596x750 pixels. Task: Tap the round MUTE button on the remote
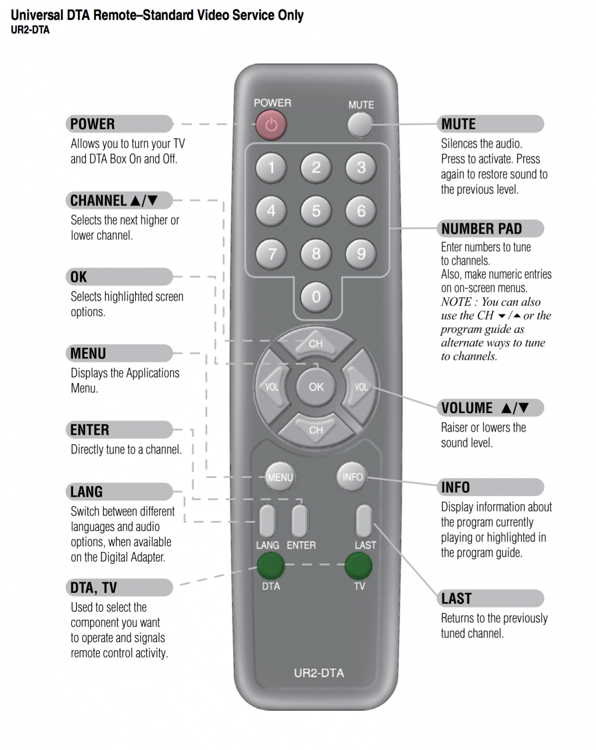360,124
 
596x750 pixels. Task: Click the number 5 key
316,211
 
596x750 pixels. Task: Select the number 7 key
271,254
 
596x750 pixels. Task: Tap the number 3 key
361,167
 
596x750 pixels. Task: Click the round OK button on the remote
316,386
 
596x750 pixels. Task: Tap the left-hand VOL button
271,386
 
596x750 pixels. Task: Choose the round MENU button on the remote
280,477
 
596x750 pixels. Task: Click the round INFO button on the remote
352,477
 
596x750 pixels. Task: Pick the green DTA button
271,565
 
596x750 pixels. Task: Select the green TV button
359,565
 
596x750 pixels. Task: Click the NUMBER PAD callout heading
481,228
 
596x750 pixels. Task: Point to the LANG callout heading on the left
86,492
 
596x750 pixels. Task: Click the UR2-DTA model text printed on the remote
319,673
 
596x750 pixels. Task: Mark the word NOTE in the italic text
455,302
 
